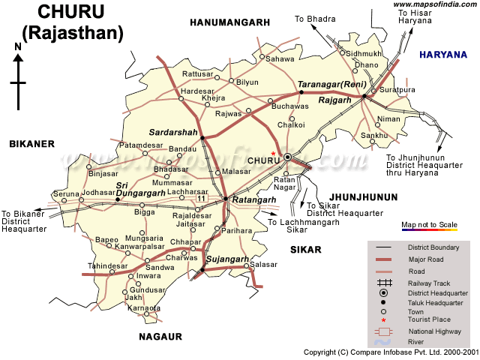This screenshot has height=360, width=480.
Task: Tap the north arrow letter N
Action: point(17,47)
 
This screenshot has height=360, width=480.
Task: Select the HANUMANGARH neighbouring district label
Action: point(229,23)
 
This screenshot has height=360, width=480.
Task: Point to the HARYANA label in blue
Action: point(442,55)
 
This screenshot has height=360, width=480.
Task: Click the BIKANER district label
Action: point(32,143)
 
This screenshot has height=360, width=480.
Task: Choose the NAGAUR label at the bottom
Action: point(160,337)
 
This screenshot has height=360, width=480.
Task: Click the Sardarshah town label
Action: point(172,132)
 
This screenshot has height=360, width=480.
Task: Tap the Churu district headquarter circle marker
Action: point(288,157)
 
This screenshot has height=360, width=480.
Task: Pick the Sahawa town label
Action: point(280,58)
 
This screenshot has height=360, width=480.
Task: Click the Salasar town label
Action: point(263,265)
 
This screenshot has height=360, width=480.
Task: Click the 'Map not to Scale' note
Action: point(429,225)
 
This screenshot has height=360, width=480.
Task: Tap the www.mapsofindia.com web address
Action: point(433,5)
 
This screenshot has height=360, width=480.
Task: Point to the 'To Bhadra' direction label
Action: point(314,18)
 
